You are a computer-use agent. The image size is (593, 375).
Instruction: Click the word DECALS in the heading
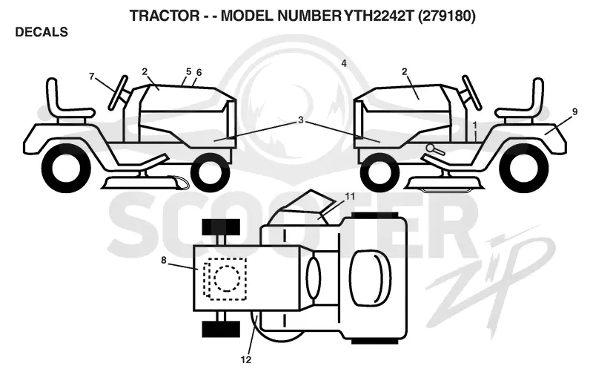pos(42,32)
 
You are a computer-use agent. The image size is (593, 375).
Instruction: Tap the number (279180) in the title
pos(447,16)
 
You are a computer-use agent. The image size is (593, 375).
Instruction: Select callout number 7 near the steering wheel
pos(91,77)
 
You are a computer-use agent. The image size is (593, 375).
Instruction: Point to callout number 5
pos(189,71)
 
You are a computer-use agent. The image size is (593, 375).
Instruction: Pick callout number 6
pos(199,72)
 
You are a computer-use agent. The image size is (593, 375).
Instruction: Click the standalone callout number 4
pos(344,63)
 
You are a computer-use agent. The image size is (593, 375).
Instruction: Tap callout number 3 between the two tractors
pos(301,120)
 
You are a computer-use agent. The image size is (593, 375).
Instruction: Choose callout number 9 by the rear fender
pos(575,111)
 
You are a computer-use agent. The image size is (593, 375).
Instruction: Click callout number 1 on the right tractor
pos(475,124)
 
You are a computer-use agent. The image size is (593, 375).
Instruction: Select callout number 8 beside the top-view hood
pos(163,260)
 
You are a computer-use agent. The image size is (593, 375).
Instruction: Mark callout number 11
pos(350,197)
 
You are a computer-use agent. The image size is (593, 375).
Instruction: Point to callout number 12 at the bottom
pos(246,360)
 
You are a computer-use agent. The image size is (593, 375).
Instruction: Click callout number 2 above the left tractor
pos(145,71)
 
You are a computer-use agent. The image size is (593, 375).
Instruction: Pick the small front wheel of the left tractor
pos(206,172)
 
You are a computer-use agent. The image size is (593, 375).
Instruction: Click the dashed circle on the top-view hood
pos(227,278)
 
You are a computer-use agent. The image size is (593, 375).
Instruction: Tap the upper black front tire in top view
pos(221,226)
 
